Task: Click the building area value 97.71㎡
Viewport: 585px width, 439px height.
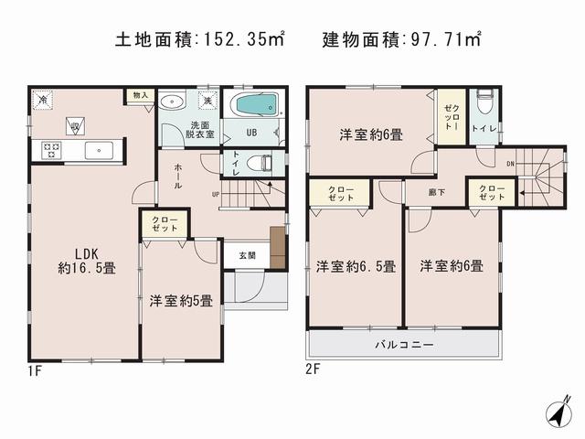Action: [x=444, y=39]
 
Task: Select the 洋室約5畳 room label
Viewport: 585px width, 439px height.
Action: [x=181, y=299]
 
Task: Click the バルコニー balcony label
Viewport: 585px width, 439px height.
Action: [x=404, y=345]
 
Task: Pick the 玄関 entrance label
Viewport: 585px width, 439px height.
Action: [x=248, y=255]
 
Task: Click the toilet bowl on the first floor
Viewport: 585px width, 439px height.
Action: [x=264, y=164]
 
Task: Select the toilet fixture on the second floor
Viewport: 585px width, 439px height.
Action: [x=484, y=99]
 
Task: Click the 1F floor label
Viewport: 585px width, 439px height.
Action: [x=36, y=370]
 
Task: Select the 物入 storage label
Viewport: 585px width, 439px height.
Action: [x=139, y=95]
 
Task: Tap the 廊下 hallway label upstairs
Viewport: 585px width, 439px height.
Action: [x=436, y=193]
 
